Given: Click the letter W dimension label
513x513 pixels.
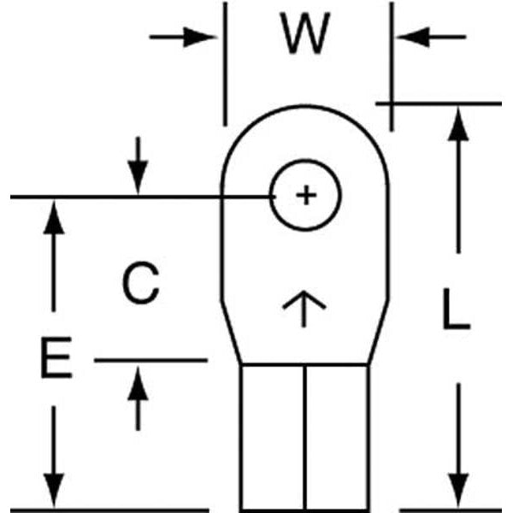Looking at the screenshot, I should tap(306, 36).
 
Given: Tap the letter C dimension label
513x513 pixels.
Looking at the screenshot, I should tap(139, 284).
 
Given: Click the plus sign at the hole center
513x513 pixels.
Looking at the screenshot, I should tap(305, 196).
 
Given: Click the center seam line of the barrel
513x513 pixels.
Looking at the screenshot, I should tap(305, 436).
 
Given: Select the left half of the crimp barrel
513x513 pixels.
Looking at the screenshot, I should tap(273, 436).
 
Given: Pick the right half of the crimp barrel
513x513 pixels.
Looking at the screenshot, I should tap(337, 436).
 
